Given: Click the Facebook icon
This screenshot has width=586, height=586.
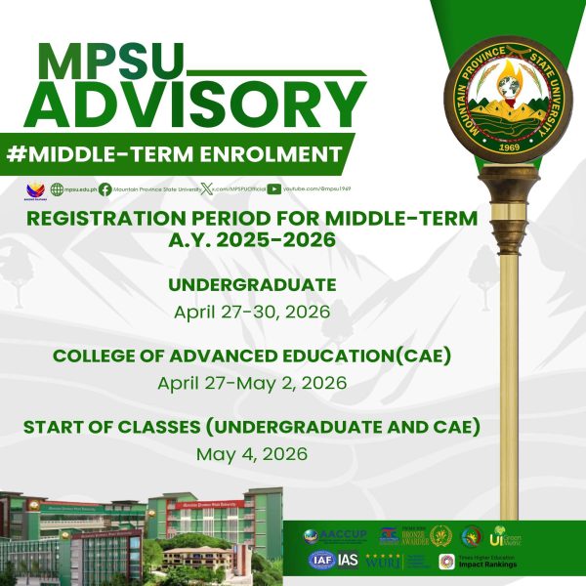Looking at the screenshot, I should pos(105,189).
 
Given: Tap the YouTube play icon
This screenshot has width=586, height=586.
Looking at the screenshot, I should pos(274,189).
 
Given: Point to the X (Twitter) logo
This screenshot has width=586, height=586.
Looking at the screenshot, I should pos(208,189).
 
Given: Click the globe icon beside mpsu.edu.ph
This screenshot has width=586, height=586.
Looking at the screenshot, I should pos(57,189).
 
